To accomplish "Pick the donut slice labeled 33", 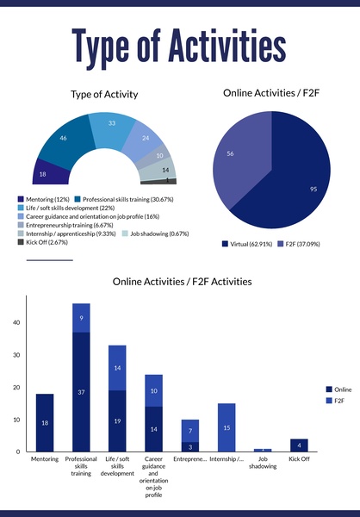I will click(111, 126).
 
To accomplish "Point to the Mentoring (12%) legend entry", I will click(43, 199).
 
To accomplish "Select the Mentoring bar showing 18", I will click(45, 422).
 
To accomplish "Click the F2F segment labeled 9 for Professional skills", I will click(81, 318).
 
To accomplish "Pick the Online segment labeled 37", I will click(81, 392).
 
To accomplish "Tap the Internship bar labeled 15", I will click(227, 427).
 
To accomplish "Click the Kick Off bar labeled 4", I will click(299, 445).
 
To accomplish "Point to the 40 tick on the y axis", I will click(16, 323).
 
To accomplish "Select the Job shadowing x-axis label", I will click(263, 464).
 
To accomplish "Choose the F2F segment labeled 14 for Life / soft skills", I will click(117, 368).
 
